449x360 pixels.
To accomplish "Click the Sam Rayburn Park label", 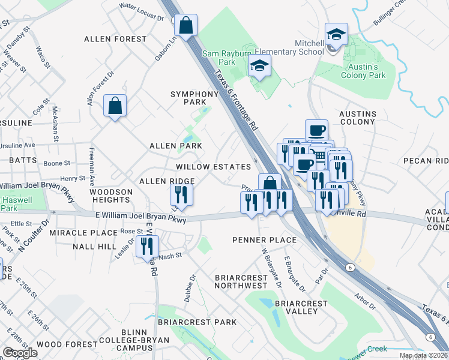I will pyautogui.click(x=218, y=57).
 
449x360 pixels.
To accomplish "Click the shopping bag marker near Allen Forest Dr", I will pyautogui.click(x=114, y=106).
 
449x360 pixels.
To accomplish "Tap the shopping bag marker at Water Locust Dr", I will pyautogui.click(x=186, y=26).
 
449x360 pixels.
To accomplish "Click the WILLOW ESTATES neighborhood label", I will pyautogui.click(x=213, y=167).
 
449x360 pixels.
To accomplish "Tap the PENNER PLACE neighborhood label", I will pyautogui.click(x=264, y=240).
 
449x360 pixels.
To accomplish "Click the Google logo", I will pyautogui.click(x=20, y=352).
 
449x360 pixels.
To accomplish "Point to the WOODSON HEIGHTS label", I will pyautogui.click(x=111, y=196).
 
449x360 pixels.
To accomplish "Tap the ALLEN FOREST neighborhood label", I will pyautogui.click(x=115, y=39).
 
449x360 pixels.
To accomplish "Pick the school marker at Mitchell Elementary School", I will pyautogui.click(x=336, y=35).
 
